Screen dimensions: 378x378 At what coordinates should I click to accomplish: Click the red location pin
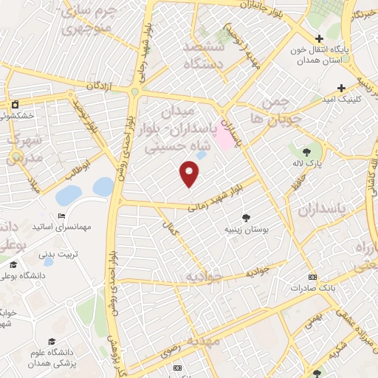pos(190,173)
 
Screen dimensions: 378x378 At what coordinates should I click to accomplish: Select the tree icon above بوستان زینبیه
pos(246,218)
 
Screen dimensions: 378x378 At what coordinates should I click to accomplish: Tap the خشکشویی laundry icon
pos(15,104)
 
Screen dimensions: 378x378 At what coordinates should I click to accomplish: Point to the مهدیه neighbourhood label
pos(203,342)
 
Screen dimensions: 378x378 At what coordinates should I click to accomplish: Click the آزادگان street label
pos(100,86)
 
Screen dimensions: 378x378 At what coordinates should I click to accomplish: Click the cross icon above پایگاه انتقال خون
pos(318,38)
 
